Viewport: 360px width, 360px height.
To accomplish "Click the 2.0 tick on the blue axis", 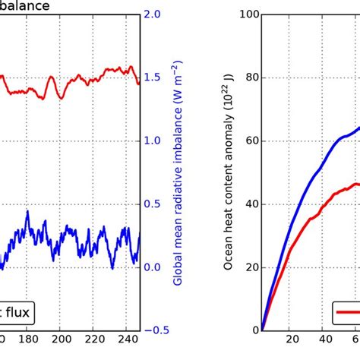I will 155,14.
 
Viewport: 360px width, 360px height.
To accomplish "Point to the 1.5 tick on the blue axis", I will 155,77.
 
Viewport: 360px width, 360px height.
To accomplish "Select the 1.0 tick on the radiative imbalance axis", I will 155,141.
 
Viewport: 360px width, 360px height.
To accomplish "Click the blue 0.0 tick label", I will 155,267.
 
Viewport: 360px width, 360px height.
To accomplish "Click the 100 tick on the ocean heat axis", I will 245,14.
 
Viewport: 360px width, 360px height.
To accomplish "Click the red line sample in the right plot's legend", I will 349,311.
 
